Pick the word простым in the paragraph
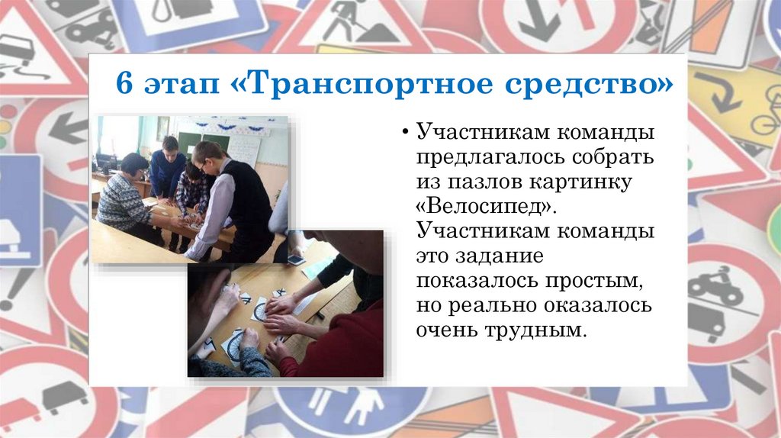click(x=589, y=281)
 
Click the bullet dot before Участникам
click(x=406, y=134)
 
